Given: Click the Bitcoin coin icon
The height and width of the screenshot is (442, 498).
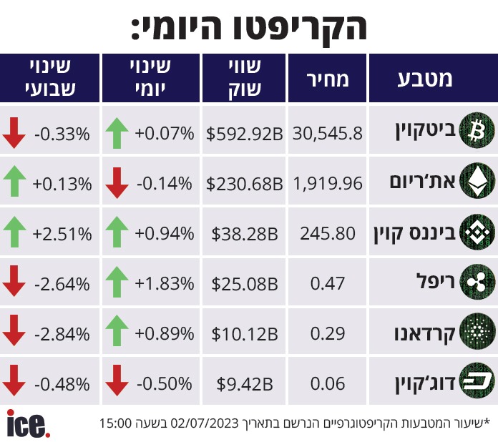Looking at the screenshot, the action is tap(477, 131).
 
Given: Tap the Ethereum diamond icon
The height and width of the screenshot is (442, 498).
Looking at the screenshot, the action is tap(477, 181).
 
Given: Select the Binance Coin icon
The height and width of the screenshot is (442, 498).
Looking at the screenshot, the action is tap(477, 232).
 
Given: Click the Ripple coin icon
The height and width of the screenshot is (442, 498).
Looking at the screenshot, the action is tap(477, 282).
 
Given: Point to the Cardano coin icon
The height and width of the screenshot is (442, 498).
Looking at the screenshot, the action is tap(477, 331).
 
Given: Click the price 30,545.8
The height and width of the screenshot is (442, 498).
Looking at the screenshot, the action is tap(328, 133).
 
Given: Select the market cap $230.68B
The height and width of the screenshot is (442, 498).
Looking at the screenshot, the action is tap(244, 184).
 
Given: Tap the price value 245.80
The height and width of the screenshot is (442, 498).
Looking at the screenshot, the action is tap(328, 234).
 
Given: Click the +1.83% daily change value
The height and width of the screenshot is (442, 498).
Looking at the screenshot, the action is tap(164, 283).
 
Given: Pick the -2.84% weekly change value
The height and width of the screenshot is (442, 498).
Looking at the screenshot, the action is tap(62, 334).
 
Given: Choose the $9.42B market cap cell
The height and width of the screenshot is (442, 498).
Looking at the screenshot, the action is tap(244, 384).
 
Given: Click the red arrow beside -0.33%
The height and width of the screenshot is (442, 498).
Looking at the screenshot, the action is tap(14, 133).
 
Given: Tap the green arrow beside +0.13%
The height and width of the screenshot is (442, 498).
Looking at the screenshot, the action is tap(14, 181).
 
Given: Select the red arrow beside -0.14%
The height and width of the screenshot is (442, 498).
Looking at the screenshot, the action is tap(117, 183).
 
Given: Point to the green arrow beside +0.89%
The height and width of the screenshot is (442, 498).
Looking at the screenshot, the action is tap(117, 330).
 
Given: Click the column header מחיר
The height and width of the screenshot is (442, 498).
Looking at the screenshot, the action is tap(328, 79).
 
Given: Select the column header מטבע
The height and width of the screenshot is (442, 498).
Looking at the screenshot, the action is tap(424, 79).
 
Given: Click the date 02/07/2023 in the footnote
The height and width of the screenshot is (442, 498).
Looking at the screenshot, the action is tap(204, 423).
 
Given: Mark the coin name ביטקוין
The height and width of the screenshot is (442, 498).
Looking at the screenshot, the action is tap(426, 131).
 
